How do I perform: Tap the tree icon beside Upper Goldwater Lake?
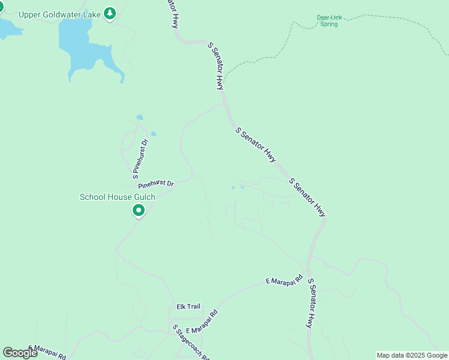(109, 13)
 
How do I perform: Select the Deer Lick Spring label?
(329, 21)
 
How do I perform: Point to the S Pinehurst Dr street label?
(139, 159)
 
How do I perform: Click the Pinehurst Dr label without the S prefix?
(155, 184)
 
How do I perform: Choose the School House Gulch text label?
(118, 197)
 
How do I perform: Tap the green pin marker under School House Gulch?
(139, 211)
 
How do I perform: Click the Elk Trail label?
(188, 307)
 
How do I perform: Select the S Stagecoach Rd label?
(190, 343)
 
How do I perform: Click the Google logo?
(20, 352)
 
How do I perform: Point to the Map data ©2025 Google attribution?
(412, 355)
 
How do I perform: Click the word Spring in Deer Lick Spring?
(329, 25)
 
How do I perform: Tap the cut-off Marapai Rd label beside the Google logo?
(48, 351)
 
